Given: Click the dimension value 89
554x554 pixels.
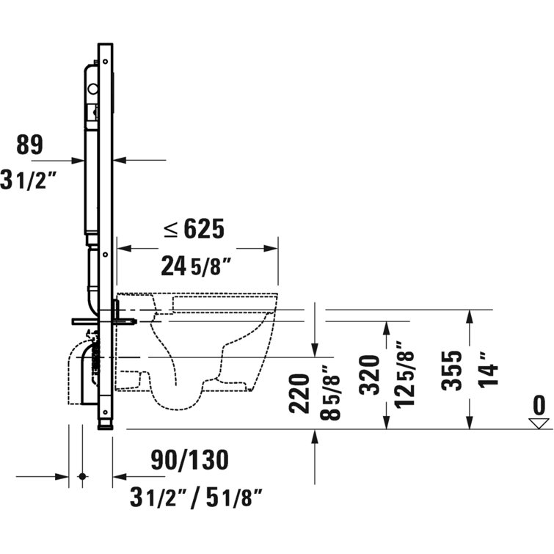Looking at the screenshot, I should tap(29, 145).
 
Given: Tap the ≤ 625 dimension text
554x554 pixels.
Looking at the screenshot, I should tap(193, 230).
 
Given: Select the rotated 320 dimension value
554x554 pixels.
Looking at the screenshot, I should tap(371, 375).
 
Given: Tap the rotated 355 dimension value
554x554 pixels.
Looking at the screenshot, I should tap(454, 370).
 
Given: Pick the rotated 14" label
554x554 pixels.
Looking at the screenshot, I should tap(489, 365).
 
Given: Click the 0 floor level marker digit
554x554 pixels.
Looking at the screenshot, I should tap(539, 405).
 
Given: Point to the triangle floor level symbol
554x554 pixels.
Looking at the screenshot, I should tap(540, 423).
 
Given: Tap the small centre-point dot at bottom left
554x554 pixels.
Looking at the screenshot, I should tap(81, 477).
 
